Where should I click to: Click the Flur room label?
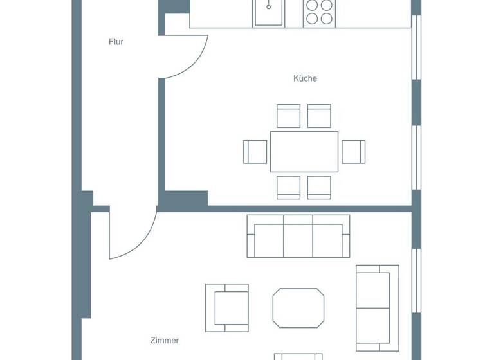(x=116, y=42)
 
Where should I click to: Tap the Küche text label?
(x=305, y=78)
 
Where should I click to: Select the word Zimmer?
(x=165, y=341)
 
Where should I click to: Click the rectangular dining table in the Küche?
(x=304, y=151)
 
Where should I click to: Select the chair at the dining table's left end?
(x=255, y=151)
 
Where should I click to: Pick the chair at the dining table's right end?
(x=353, y=151)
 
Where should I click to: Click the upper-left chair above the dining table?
(x=288, y=116)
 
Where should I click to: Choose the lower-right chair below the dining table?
(x=319, y=187)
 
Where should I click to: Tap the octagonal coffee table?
(x=298, y=308)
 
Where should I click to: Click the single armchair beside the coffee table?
(x=228, y=308)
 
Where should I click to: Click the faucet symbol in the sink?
(x=269, y=6)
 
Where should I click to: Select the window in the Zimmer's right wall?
(x=416, y=283)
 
